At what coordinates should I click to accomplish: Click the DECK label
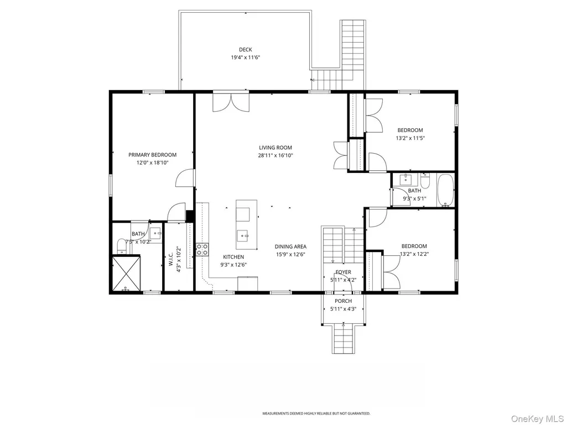point(246,50)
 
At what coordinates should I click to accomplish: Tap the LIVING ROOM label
point(275,148)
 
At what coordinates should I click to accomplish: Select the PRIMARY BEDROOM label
point(153,155)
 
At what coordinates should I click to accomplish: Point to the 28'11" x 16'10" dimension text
point(275,155)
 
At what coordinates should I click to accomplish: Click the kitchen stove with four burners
point(202,249)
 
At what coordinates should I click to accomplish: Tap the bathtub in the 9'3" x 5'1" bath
point(445,190)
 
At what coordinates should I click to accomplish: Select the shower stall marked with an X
point(126,273)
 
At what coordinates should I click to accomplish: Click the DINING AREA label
point(290,246)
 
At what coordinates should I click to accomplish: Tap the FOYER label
point(343,272)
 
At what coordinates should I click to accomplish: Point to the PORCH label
point(343,301)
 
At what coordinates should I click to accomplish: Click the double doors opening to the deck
point(231,102)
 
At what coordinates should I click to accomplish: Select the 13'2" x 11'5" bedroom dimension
point(410,138)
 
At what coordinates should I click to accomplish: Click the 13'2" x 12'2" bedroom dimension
point(414,254)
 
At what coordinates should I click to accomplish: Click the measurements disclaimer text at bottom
point(316,413)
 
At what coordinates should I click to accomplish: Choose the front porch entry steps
point(342,339)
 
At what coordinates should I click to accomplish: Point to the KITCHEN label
point(233,257)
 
